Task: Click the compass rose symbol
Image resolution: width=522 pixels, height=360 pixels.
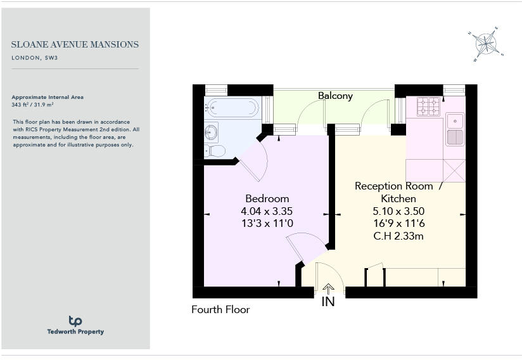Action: tap(485, 44)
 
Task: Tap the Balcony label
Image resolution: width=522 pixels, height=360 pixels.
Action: tap(335, 96)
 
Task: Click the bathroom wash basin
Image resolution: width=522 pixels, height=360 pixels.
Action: tap(211, 132)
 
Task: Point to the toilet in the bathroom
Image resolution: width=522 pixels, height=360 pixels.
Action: tap(215, 151)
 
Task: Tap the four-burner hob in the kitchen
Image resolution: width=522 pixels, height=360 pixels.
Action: tap(428, 106)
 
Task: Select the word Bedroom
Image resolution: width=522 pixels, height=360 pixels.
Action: tap(267, 198)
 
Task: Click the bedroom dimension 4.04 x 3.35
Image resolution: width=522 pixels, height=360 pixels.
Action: tap(267, 211)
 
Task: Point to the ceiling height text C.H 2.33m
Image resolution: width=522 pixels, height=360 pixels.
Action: tap(398, 236)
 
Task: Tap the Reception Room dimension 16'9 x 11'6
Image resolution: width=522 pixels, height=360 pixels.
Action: tap(398, 224)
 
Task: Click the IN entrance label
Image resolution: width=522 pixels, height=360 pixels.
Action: tap(328, 302)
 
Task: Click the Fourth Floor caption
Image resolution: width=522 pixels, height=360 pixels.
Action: tap(220, 310)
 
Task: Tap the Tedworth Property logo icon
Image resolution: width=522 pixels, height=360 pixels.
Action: tap(75, 321)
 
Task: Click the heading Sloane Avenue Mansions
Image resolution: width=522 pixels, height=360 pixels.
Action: tap(75, 45)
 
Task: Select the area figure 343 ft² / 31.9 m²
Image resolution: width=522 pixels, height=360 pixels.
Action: tap(34, 104)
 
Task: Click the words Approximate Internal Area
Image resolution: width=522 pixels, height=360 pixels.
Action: tap(48, 97)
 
